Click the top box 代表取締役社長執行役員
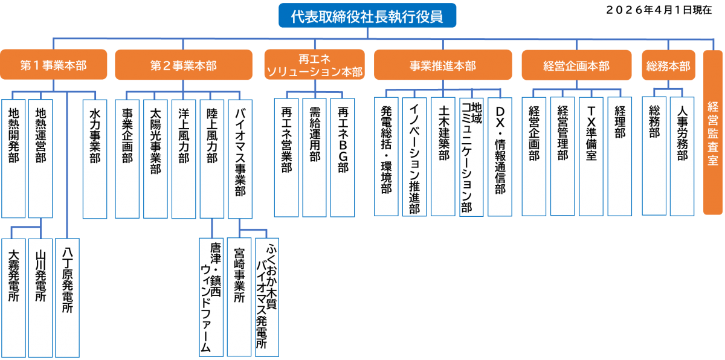click(367, 16)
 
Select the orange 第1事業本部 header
click(54, 65)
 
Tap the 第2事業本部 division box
click(183, 65)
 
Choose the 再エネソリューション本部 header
click(314, 65)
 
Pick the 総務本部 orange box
click(668, 65)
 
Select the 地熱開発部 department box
click(13, 157)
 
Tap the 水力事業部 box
click(95, 157)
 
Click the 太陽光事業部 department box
click(155, 157)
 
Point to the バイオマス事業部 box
click(240, 157)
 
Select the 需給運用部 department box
click(314, 157)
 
